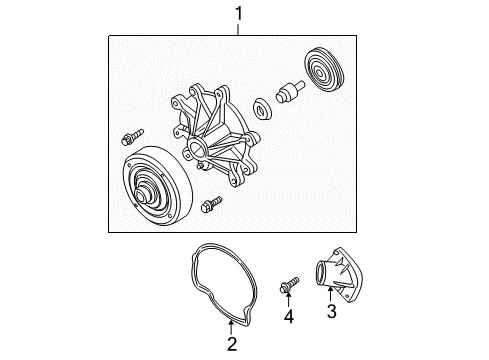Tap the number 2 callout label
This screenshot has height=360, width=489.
[x=231, y=346]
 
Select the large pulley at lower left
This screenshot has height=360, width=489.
[x=150, y=189]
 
